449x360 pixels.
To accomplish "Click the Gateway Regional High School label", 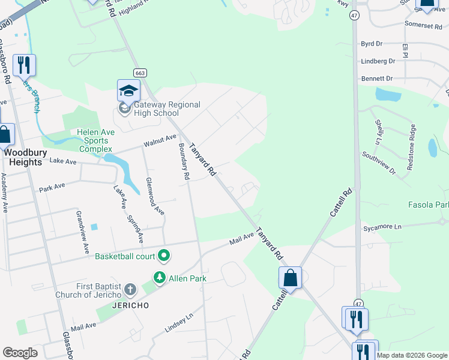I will (158, 109).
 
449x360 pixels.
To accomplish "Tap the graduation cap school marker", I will (128, 91).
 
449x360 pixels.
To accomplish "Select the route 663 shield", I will (140, 73).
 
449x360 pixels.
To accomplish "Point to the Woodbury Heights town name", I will (24, 157).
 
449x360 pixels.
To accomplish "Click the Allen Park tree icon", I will (159, 278).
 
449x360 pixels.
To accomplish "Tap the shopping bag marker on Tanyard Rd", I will (290, 278).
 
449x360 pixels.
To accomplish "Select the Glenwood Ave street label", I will (155, 196).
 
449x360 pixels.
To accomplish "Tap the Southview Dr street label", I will (379, 163).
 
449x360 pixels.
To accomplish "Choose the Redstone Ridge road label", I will (411, 148).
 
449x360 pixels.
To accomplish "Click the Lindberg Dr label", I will (378, 61).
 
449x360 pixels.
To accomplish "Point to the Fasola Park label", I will (428, 205).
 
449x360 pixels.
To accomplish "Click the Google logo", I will (20, 353).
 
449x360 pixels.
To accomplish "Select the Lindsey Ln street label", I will (179, 322).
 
